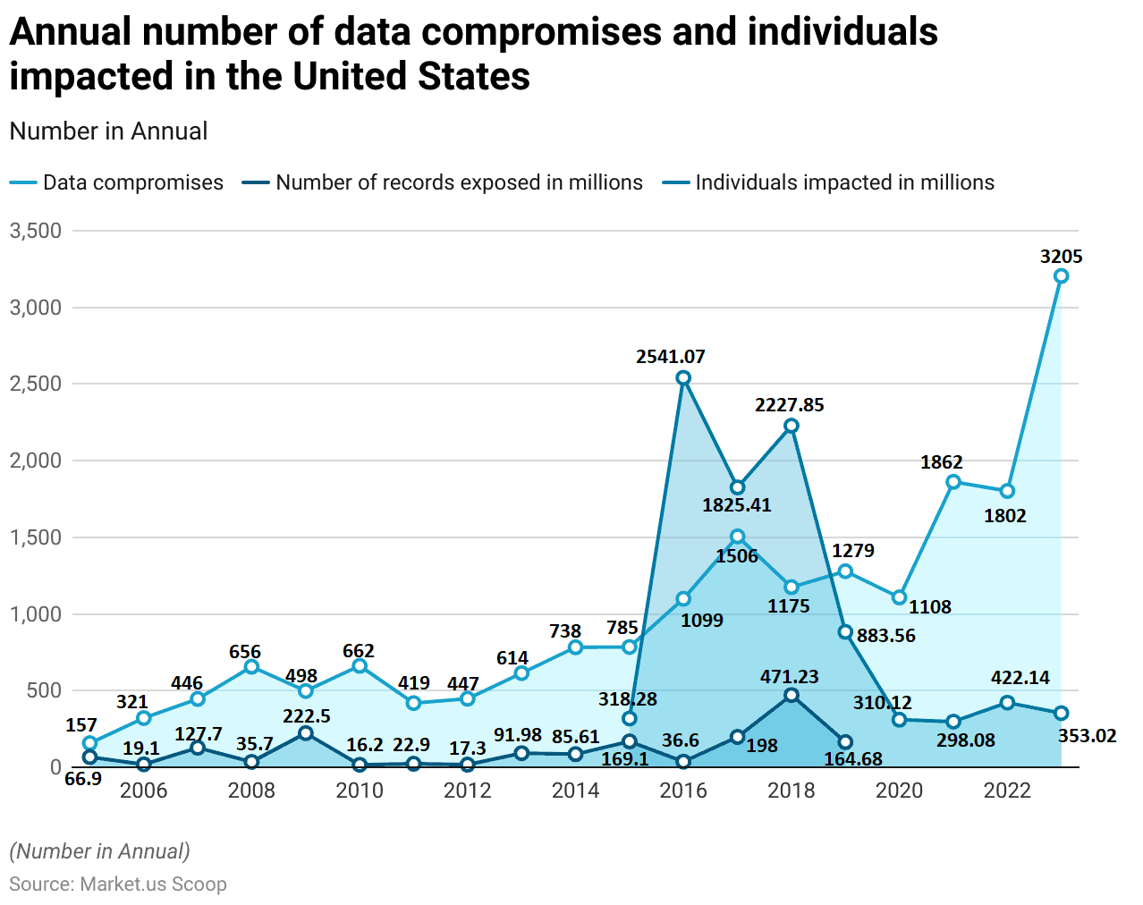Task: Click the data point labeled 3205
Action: click(x=1061, y=276)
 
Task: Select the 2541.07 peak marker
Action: click(x=683, y=378)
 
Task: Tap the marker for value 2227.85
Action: click(x=792, y=426)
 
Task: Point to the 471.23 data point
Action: click(x=792, y=695)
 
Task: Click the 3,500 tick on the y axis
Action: click(x=36, y=231)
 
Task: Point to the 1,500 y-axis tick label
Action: click(x=36, y=537)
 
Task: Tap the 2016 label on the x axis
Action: click(x=683, y=791)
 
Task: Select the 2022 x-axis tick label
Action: click(x=1007, y=791)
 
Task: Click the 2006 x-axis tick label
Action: click(x=143, y=791)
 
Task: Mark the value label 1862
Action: click(x=942, y=462)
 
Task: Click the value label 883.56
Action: click(x=885, y=636)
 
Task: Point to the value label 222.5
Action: click(x=307, y=716)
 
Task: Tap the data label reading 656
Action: click(x=245, y=652)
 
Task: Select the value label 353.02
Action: click(x=1087, y=736)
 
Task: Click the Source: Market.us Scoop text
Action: click(x=118, y=884)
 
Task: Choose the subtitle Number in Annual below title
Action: click(x=108, y=131)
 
